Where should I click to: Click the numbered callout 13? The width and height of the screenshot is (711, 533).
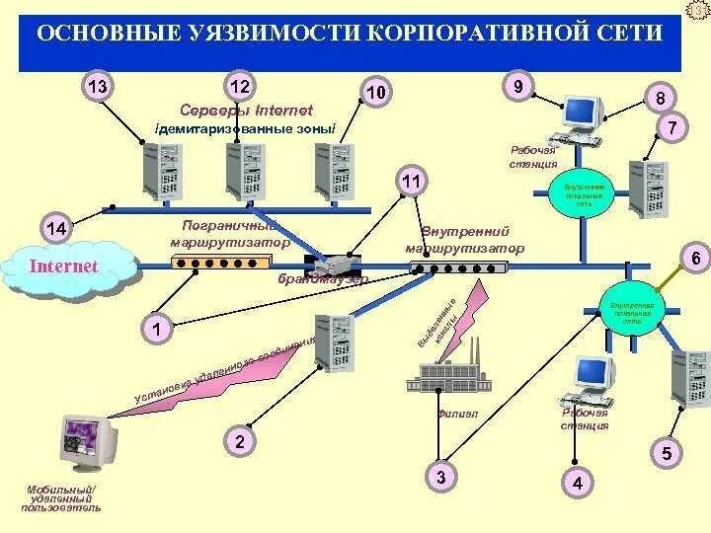pos(98,87)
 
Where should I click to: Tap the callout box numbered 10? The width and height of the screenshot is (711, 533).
pos(375,92)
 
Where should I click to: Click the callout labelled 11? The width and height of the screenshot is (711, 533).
pos(412,181)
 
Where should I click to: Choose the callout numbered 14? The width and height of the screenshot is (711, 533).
pos(56,229)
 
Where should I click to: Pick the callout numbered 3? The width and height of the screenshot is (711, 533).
pos(440,478)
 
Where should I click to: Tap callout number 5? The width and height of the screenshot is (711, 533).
pos(667,454)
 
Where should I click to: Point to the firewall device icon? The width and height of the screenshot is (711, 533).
pos(335,264)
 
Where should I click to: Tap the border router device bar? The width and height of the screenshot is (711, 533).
pos(220,263)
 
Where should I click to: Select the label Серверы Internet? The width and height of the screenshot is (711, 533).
pos(247,110)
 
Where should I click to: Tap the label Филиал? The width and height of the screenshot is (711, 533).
pos(457,414)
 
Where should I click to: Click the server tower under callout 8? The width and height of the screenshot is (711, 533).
pos(649,187)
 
